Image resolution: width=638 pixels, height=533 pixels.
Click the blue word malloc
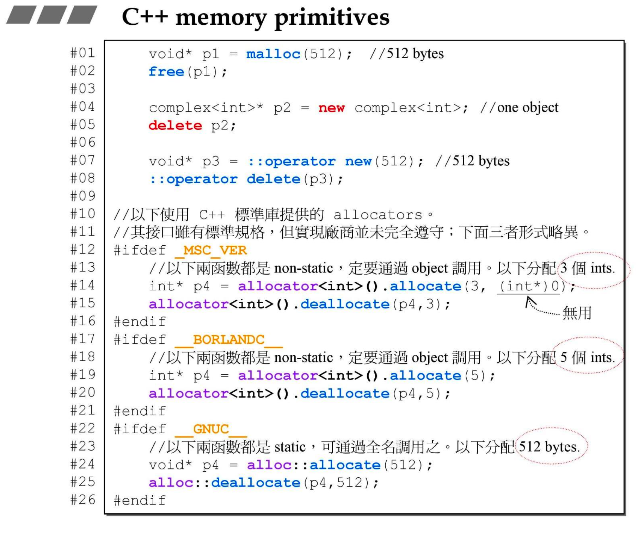[x=273, y=54]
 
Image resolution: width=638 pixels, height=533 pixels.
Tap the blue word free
[x=166, y=72]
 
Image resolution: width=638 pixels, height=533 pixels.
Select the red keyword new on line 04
[x=331, y=108]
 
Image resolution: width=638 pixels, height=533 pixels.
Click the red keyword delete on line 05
[x=175, y=125]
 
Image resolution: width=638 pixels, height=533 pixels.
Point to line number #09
[x=82, y=196]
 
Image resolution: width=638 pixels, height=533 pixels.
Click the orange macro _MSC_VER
[x=211, y=250]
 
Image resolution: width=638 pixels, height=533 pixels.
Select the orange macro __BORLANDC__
[x=229, y=340]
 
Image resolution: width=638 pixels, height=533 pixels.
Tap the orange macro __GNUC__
[x=211, y=429]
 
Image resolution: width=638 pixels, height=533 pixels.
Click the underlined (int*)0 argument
[x=532, y=286]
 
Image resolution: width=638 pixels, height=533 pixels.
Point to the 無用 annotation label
[x=577, y=313]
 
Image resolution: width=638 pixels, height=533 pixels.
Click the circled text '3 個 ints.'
[x=588, y=269]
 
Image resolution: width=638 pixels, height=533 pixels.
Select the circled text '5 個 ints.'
[x=588, y=358]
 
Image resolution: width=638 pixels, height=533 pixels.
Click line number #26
[x=82, y=500]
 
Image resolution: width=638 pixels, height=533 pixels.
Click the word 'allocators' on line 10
[x=378, y=215]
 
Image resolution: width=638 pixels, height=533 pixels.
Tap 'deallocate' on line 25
[x=256, y=483]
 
